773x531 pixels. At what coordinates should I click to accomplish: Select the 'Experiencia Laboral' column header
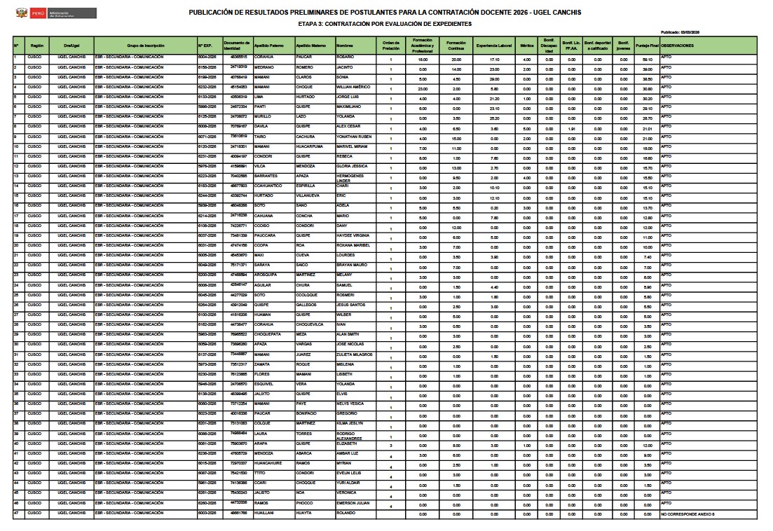pos(494,46)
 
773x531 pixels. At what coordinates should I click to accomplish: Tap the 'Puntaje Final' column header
pos(646,46)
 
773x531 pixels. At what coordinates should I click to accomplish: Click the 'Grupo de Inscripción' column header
pos(146,46)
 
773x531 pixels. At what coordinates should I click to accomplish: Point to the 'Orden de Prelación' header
pos(390,46)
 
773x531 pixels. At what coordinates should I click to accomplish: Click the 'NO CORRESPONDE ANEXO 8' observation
pos(688,515)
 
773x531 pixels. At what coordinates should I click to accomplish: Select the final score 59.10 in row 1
pos(647,60)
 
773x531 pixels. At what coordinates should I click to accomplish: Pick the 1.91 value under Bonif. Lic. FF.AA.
pos(571,129)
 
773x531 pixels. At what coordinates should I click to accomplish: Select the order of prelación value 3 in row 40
pos(390,446)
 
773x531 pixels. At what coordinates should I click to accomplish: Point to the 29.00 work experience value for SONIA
pos(494,79)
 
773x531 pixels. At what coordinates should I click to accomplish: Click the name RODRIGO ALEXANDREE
pos(353,434)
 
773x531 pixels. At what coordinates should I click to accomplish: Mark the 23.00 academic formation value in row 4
pos(423,89)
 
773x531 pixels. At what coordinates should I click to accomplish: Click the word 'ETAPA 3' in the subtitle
pos(309,24)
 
